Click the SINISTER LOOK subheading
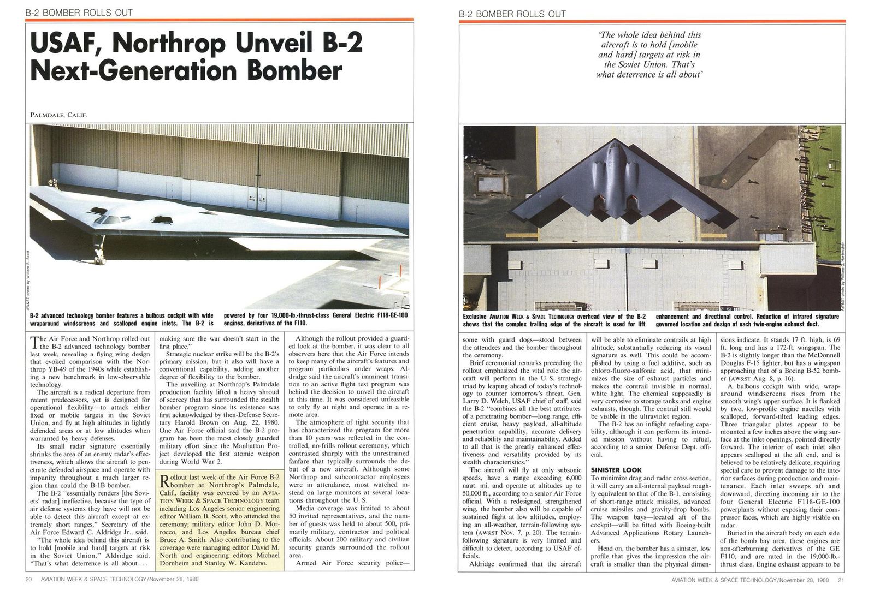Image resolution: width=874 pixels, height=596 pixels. [x=616, y=469]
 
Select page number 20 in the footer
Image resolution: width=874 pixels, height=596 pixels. [x=29, y=580]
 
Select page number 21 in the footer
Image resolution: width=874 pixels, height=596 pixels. [x=841, y=580]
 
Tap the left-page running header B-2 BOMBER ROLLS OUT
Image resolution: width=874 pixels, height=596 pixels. [x=79, y=13]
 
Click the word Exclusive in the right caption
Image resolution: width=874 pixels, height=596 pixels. [x=476, y=317]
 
